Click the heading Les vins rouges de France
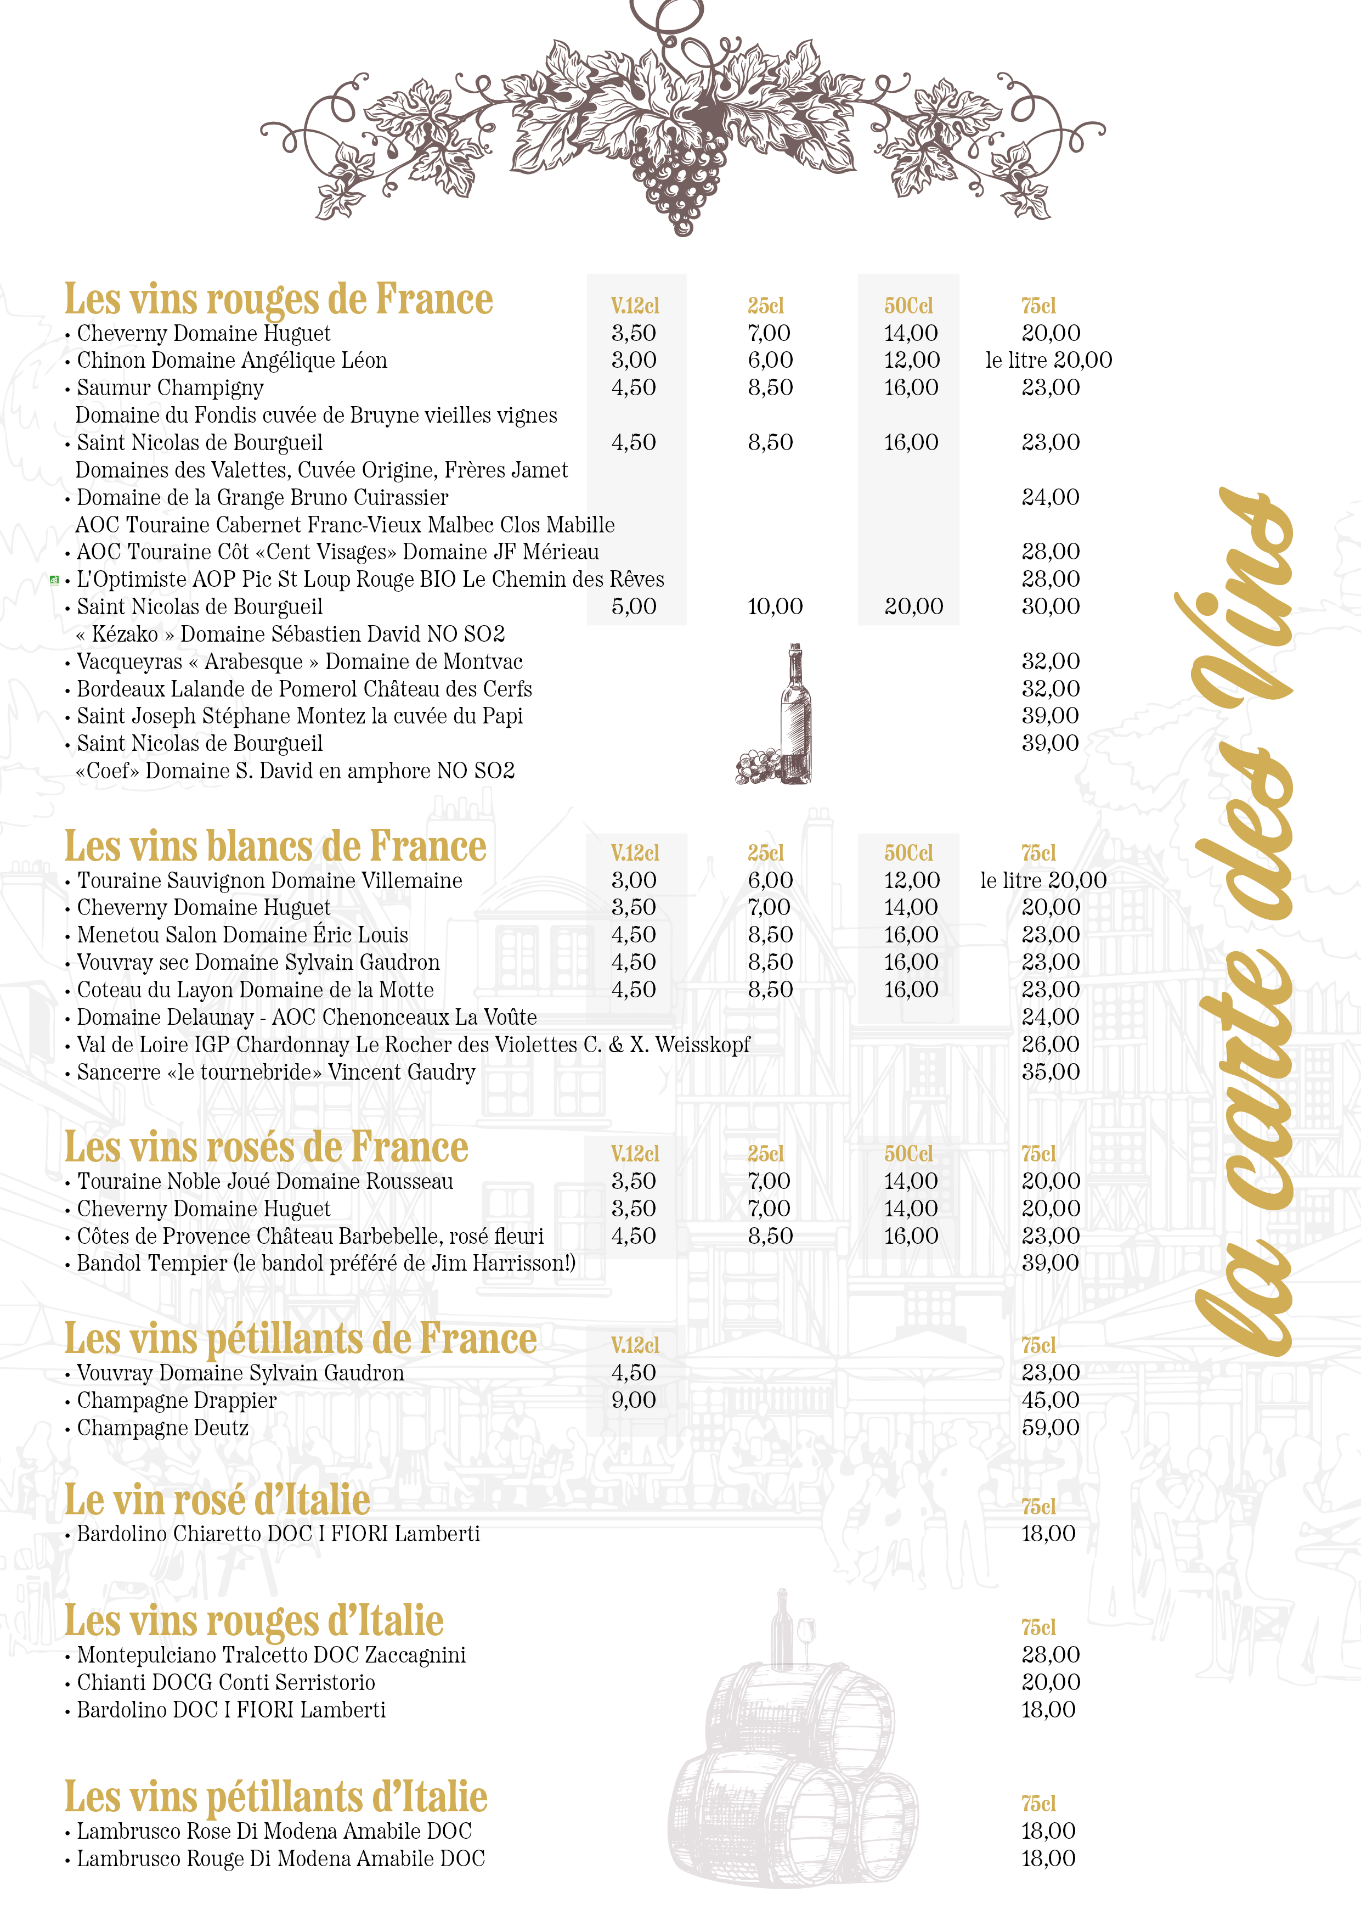point(279,300)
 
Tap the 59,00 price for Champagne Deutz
point(1050,1427)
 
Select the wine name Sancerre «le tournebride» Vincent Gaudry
point(276,1072)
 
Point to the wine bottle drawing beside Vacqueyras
point(793,713)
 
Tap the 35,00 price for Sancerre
point(1050,1072)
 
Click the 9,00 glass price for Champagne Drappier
point(633,1400)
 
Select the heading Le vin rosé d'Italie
point(217,1501)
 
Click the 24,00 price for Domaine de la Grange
point(1050,497)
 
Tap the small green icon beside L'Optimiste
point(54,579)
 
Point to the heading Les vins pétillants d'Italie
point(276,1798)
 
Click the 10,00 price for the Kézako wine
point(775,607)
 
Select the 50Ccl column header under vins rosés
point(908,1154)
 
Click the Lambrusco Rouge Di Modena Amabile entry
point(281,1859)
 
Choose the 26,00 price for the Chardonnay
point(1050,1045)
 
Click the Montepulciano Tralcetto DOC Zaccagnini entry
point(271,1655)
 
